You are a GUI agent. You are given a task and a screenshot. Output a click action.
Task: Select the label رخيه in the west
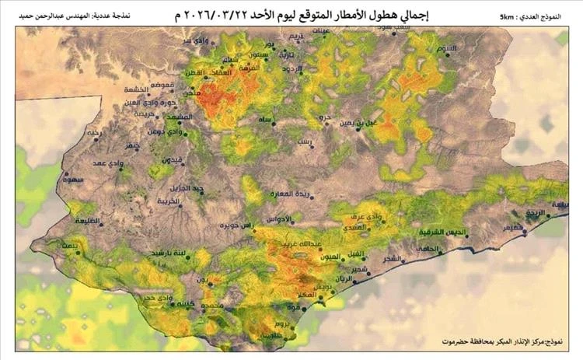(94, 133)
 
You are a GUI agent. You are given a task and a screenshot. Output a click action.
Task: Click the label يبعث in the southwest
(70, 246)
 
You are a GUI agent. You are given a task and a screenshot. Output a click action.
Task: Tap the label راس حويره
(239, 226)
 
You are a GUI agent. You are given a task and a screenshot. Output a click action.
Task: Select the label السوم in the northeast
(447, 49)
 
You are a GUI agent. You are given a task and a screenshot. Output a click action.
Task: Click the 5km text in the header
(512, 16)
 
